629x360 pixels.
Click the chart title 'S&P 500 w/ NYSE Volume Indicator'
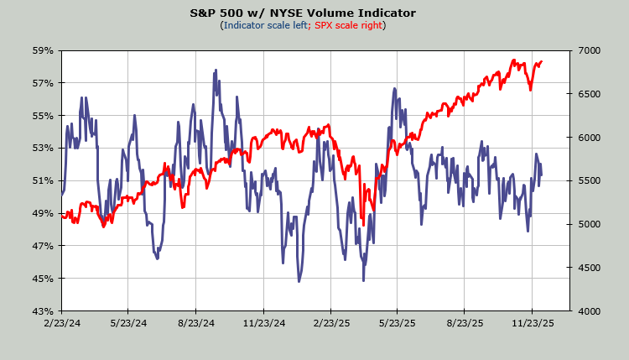pos(314,13)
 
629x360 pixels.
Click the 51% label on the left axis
pos(43,180)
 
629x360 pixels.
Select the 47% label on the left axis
pos(43,246)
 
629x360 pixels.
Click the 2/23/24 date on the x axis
pos(62,322)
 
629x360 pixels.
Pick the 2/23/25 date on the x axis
pos(331,322)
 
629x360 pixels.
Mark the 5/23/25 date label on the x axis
pos(398,322)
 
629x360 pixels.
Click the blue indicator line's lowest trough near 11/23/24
pos(299,281)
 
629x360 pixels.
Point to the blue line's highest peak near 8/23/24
pos(216,70)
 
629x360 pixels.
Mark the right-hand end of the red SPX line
pos(542,61)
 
